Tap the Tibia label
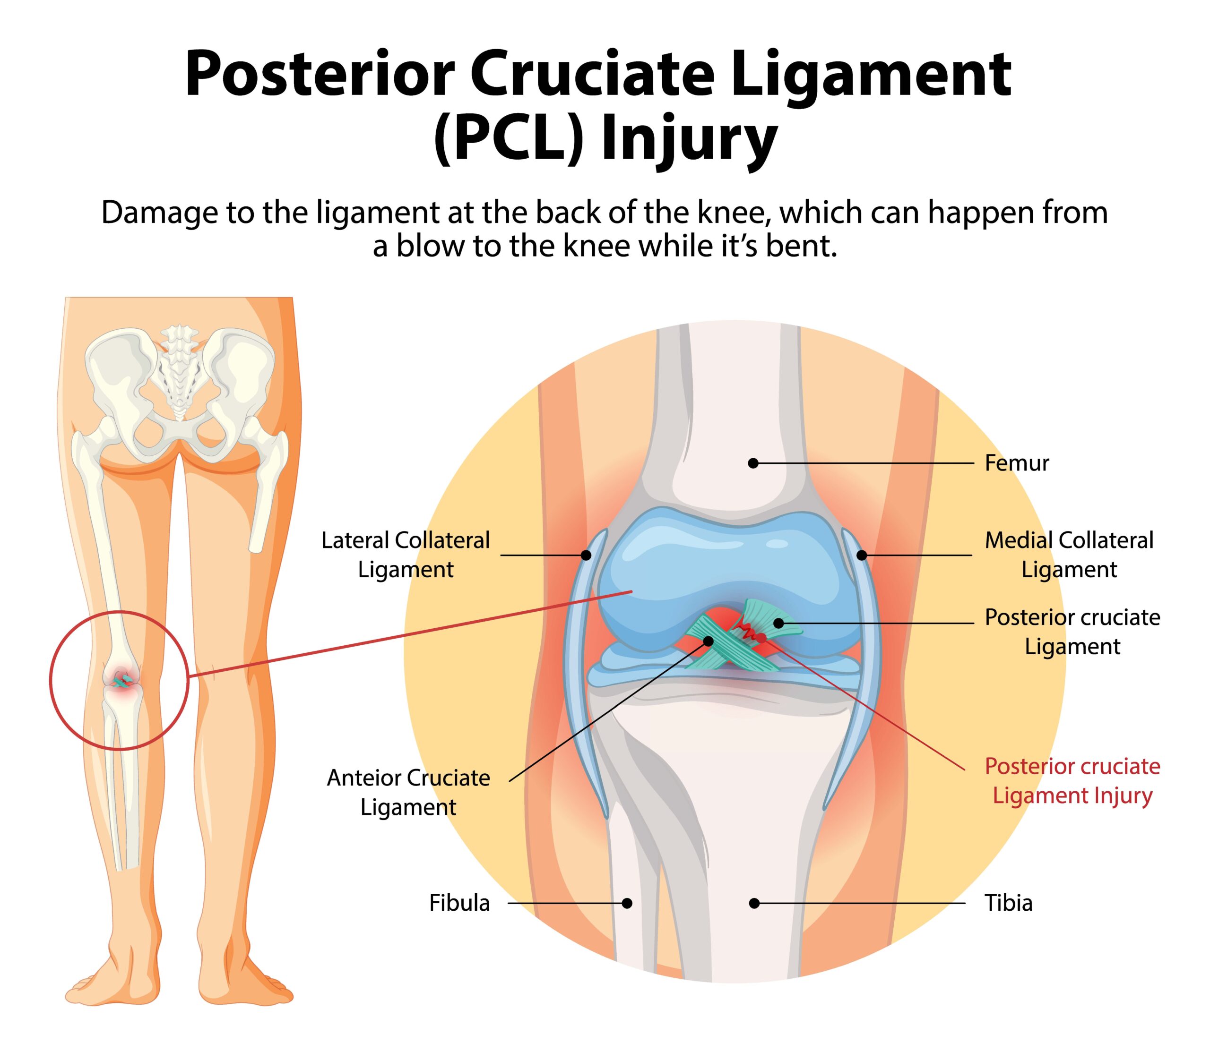(1009, 903)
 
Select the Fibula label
(459, 903)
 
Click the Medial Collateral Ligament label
(1069, 555)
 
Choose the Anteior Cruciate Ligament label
(408, 792)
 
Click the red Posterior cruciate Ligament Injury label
(1072, 780)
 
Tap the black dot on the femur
(753, 463)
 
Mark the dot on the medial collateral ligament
(861, 555)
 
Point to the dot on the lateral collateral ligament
(586, 555)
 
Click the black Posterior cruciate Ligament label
(1072, 632)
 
